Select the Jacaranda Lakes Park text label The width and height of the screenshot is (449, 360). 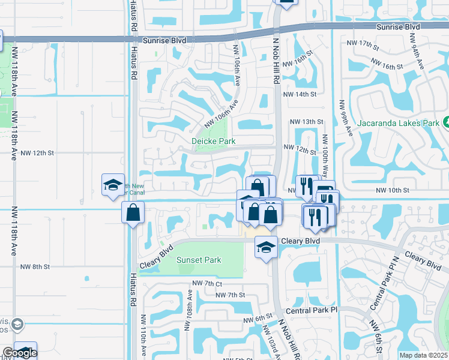pos(397,124)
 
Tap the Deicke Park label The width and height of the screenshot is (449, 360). pos(213,141)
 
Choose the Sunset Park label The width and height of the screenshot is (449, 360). pos(199,260)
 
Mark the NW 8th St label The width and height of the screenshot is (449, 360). pos(34,267)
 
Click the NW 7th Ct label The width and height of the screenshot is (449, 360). pos(207,283)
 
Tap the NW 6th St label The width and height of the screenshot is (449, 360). pos(258,319)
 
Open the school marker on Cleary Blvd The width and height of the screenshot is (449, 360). pos(266,246)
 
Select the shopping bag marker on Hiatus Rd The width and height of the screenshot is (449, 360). pos(133,212)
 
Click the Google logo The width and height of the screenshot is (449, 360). pos(19,353)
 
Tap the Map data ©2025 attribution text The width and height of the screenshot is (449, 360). pos(424,355)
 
